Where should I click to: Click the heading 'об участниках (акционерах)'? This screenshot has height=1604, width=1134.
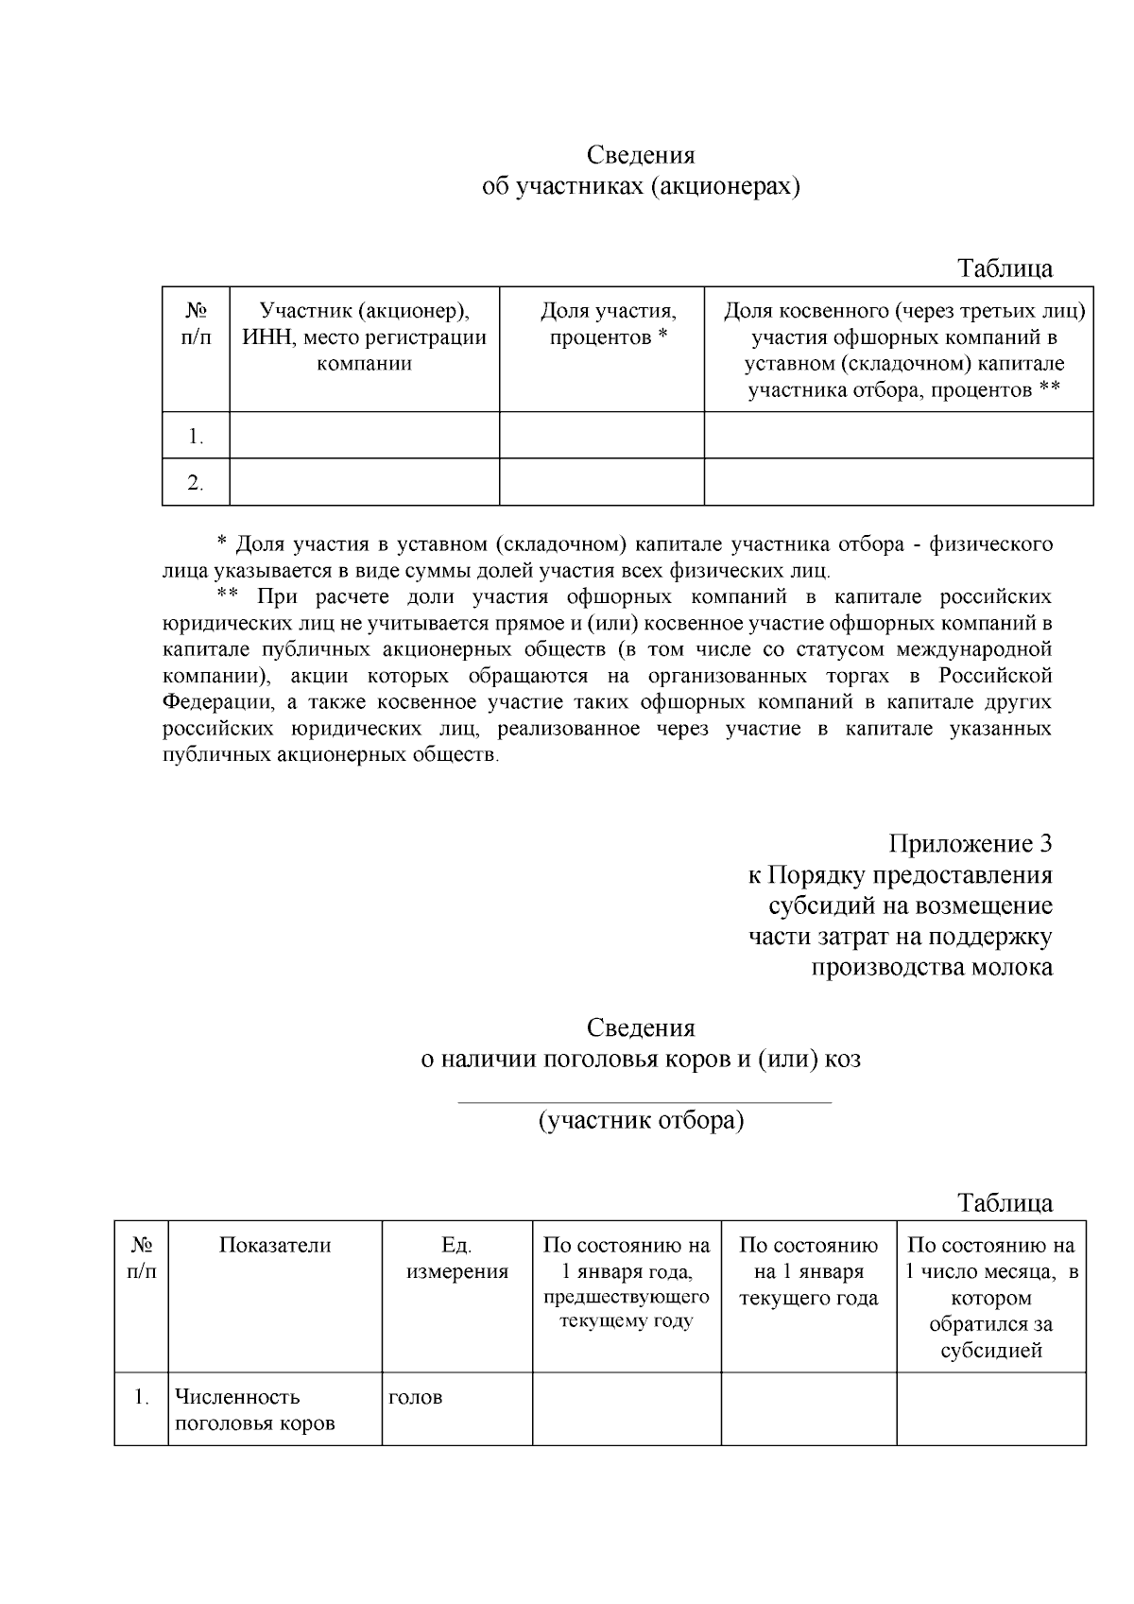pos(641,186)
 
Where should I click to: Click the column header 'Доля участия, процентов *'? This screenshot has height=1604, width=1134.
pos(609,324)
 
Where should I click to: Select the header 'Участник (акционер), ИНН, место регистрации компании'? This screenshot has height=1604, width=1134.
pos(364,336)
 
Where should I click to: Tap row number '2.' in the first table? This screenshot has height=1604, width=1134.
pos(196,483)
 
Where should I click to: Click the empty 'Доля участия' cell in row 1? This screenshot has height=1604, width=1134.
pos(601,436)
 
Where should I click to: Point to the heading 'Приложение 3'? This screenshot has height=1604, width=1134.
pos(970,843)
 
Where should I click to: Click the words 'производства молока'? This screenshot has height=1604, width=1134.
pos(932,967)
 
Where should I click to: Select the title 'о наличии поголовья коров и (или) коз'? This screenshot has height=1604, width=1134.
pos(641,1059)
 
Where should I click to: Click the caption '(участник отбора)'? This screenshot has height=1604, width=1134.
pos(641,1120)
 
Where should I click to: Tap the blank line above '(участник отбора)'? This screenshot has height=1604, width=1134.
pos(644,1100)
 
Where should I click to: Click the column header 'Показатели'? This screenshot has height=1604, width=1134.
pos(275,1245)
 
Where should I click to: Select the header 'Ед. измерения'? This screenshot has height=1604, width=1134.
pos(457,1258)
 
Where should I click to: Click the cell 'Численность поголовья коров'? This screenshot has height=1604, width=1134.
pos(255,1409)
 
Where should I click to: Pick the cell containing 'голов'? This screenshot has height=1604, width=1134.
pos(415,1397)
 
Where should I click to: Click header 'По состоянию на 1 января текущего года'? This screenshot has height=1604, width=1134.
pos(808,1271)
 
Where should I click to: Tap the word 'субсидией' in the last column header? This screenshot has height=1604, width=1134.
pos(990,1350)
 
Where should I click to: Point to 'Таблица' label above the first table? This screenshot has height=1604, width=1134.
pos(1005,268)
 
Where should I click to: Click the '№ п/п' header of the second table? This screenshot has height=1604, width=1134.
pos(142,1258)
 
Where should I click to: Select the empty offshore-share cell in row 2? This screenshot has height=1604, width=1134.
pos(898,482)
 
